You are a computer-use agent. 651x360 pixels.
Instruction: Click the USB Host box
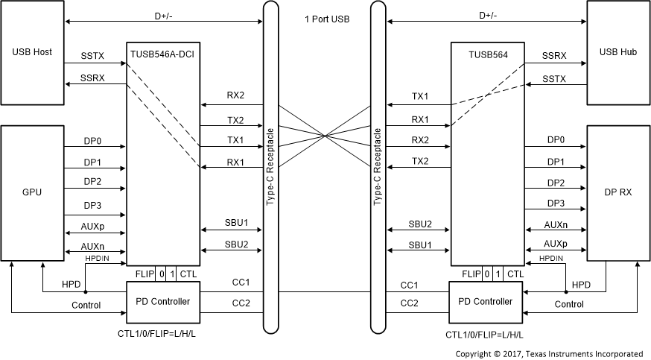(32, 53)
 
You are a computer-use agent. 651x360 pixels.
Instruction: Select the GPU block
(32, 192)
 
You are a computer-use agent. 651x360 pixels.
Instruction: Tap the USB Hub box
(618, 53)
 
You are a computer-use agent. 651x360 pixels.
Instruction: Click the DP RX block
(618, 192)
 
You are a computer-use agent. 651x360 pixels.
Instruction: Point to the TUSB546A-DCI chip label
(163, 54)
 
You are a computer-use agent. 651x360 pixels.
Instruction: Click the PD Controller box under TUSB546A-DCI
(163, 301)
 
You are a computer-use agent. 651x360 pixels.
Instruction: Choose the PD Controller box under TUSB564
(487, 301)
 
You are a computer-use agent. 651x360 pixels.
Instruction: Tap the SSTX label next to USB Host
(93, 55)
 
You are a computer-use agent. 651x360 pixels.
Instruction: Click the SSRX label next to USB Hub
(554, 55)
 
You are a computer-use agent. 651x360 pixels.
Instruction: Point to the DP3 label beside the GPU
(93, 203)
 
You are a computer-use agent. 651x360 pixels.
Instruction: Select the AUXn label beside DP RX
(554, 224)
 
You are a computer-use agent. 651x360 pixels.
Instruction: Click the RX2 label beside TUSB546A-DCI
(236, 95)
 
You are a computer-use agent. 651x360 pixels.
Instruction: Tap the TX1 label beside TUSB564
(420, 97)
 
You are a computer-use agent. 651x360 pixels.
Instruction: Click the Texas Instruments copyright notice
(549, 353)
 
